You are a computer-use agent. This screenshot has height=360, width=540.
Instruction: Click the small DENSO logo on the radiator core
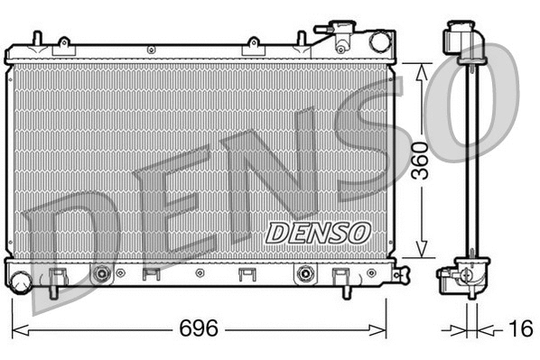[318, 232]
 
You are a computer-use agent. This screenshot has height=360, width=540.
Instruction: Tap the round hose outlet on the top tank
[379, 41]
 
